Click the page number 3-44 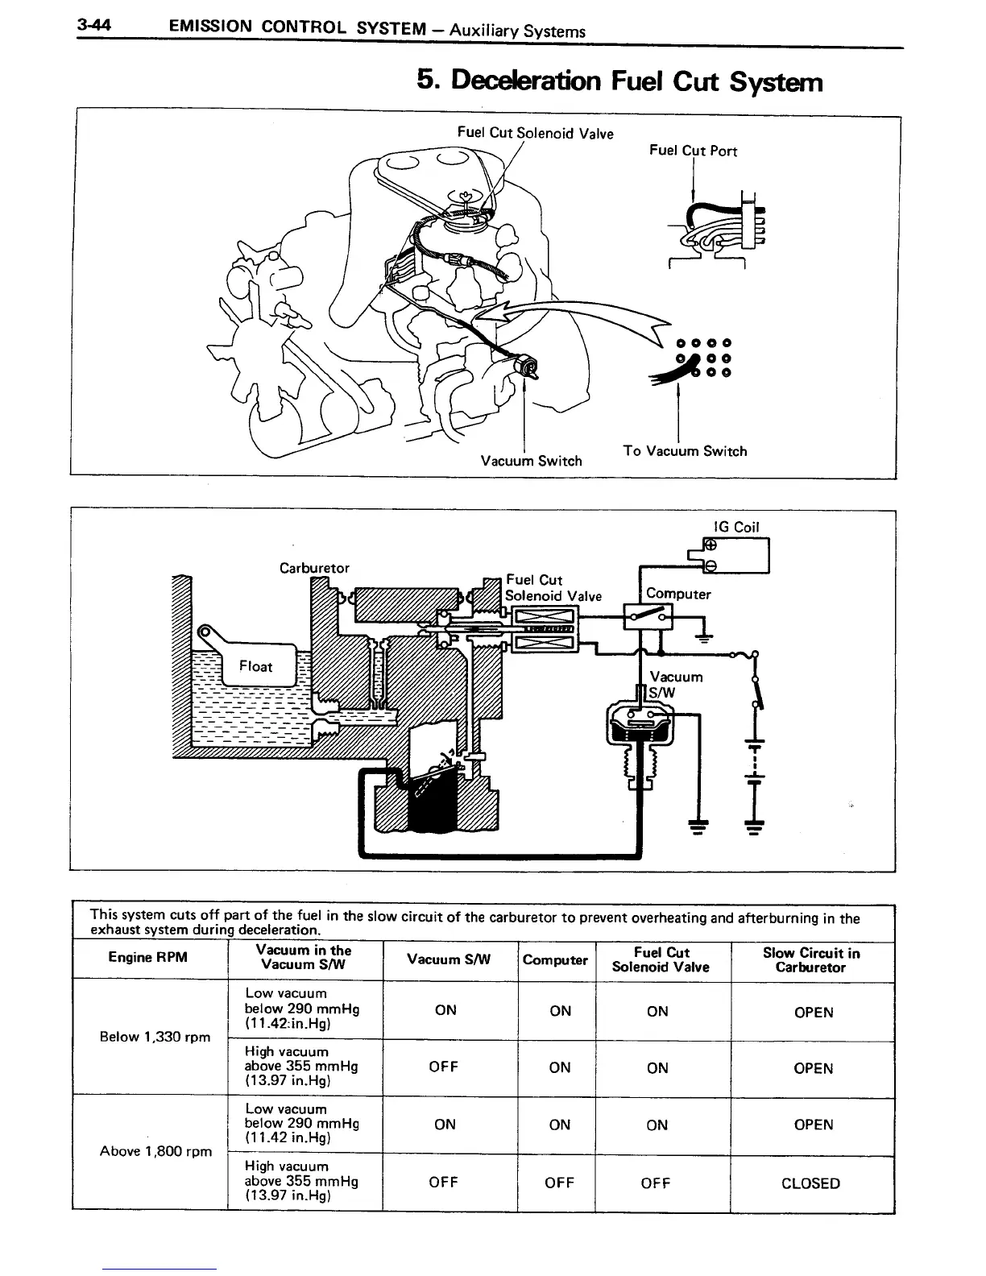[x=93, y=26]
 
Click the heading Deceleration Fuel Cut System [x=619, y=81]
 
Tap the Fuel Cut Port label [x=693, y=151]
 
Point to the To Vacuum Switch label [x=685, y=451]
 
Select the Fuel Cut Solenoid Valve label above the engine [x=535, y=133]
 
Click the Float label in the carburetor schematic [x=256, y=666]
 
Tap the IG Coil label [x=736, y=527]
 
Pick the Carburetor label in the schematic [x=314, y=567]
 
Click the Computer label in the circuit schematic [x=678, y=594]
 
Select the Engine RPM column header [x=147, y=957]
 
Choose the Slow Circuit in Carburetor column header [x=811, y=960]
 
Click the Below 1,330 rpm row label [x=155, y=1037]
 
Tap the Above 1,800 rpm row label [x=155, y=1151]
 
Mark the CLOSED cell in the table [x=810, y=1183]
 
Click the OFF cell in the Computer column [x=559, y=1183]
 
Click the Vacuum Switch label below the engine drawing [x=531, y=461]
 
